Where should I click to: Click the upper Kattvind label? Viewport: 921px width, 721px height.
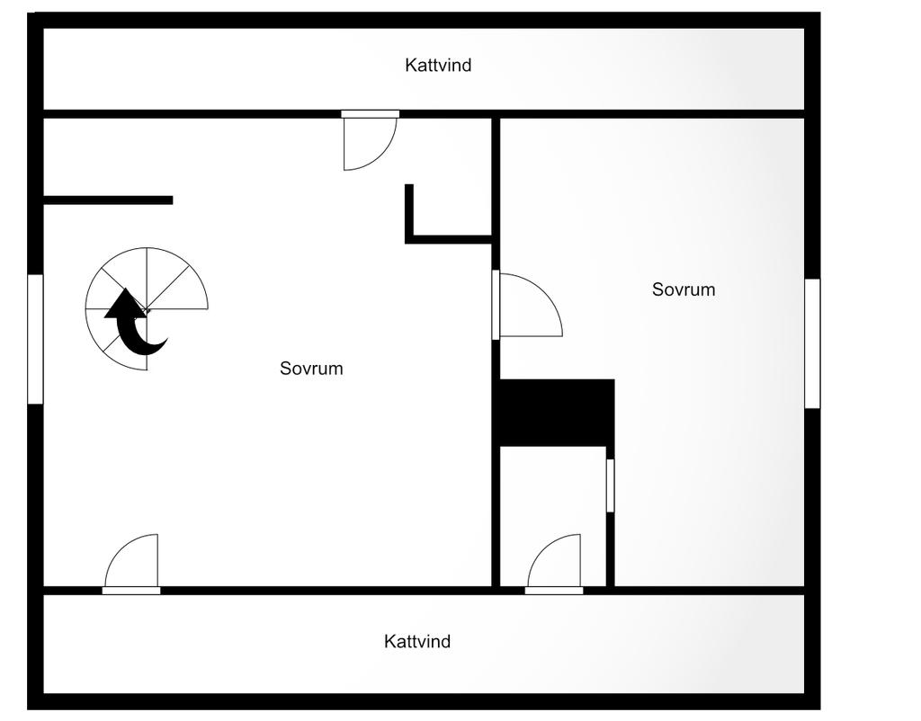coord(438,65)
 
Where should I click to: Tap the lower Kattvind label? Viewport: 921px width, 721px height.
coord(417,641)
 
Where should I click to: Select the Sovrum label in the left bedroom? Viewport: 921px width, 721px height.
coord(311,368)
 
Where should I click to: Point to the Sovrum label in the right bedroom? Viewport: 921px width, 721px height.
coord(684,289)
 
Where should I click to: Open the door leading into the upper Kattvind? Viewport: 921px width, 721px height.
coord(370,141)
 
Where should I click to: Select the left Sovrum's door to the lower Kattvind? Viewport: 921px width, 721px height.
coord(131,564)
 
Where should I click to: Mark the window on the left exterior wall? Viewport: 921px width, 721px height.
coord(35,339)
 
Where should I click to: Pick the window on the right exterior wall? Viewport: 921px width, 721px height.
coord(812,343)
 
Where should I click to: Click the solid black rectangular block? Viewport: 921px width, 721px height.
coord(557,413)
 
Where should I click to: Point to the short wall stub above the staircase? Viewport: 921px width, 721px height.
coord(108,200)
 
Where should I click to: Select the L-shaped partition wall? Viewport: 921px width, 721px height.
coord(448,239)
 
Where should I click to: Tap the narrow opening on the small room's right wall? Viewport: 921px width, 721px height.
coord(611,485)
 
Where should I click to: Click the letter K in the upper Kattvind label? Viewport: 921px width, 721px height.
coord(410,65)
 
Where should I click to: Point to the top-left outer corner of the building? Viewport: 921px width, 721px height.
coord(28,13)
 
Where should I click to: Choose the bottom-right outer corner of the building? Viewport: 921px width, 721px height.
coord(820,709)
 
